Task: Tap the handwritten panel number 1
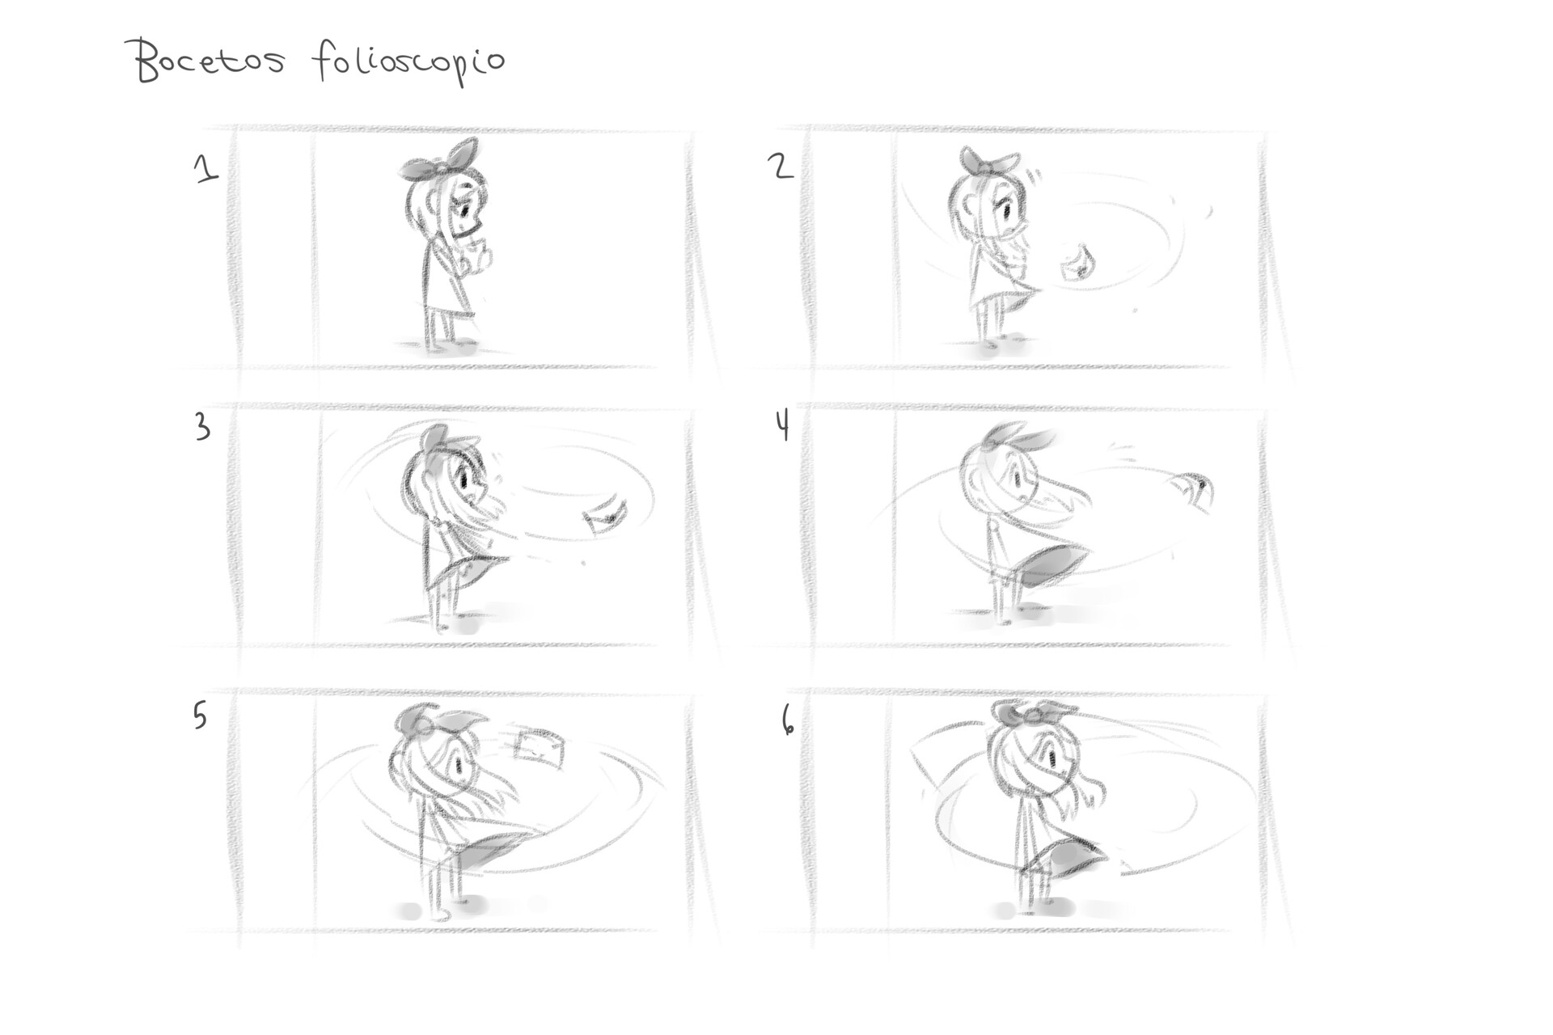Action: (206, 168)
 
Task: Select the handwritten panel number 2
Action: (781, 167)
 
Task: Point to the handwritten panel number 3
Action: (202, 427)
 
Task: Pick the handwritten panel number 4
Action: (782, 425)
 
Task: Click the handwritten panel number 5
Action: (200, 716)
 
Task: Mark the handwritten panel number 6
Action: (787, 720)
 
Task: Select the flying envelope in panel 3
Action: (606, 515)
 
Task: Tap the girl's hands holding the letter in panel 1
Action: (477, 255)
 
